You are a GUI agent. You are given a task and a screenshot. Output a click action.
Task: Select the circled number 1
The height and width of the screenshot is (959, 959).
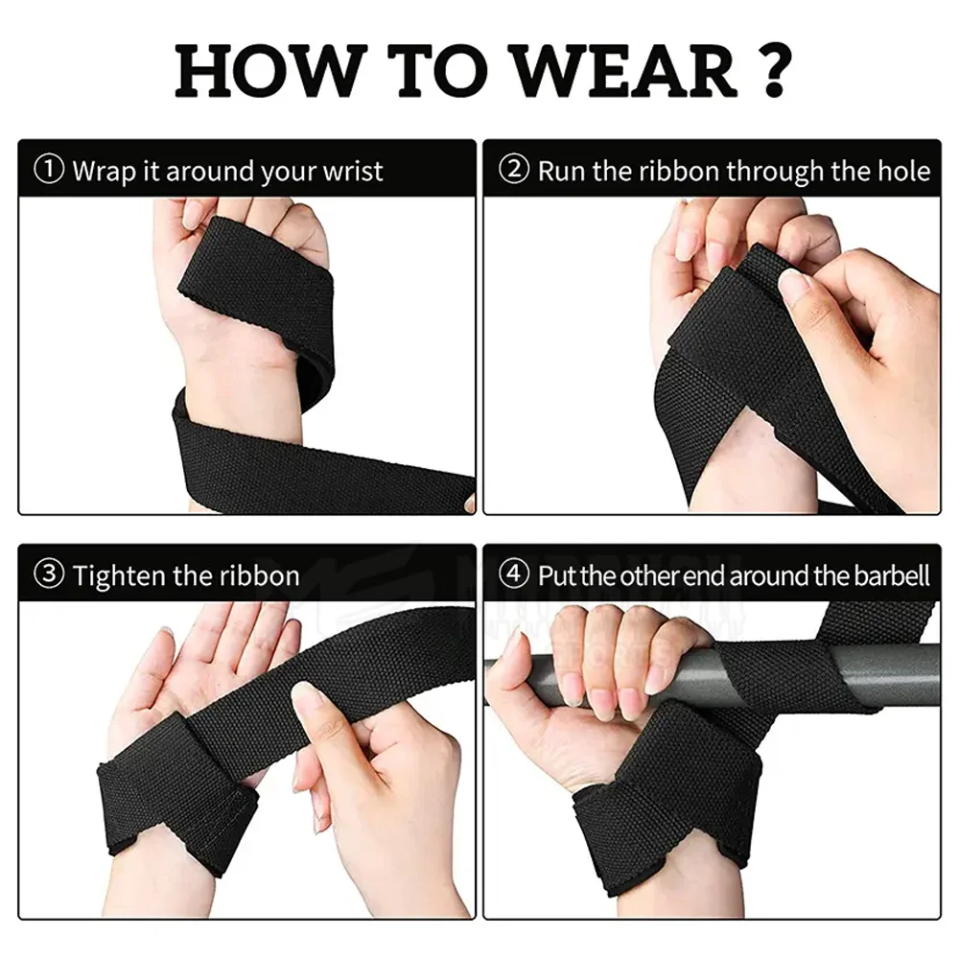click(x=48, y=172)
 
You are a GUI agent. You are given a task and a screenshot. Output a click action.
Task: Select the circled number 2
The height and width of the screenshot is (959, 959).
click(x=515, y=172)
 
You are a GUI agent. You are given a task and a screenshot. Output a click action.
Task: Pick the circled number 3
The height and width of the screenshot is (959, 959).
click(x=48, y=575)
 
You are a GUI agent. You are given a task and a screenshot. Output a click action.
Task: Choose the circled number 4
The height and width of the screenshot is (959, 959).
click(x=515, y=575)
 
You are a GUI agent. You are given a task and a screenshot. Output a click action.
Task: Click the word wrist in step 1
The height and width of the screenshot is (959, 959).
click(x=352, y=172)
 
